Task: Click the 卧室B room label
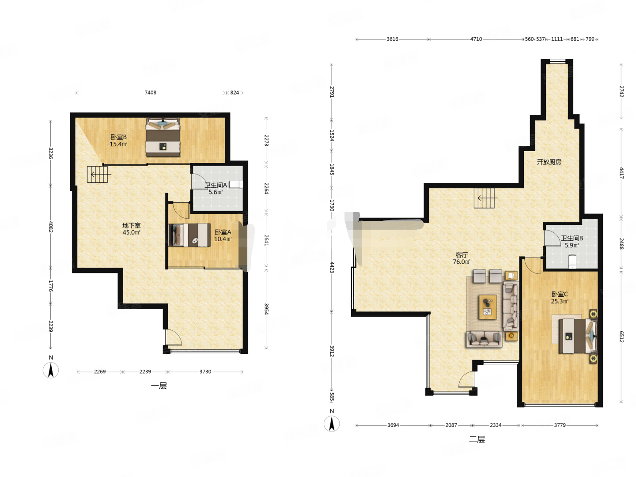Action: (x=118, y=137)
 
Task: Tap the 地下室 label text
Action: (x=131, y=225)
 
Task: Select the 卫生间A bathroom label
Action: (x=216, y=185)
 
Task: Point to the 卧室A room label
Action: (x=223, y=232)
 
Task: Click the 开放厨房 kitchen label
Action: (x=549, y=162)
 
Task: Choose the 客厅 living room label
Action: (x=461, y=255)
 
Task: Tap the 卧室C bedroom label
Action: (x=559, y=294)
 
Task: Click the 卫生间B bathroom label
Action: (x=572, y=238)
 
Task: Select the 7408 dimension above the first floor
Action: (x=150, y=93)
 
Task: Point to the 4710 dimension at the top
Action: (x=476, y=39)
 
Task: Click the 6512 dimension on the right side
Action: (x=621, y=337)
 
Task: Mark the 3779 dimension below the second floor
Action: (x=560, y=425)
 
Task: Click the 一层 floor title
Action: (x=159, y=386)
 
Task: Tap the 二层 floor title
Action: (x=477, y=439)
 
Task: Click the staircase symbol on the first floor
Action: (x=98, y=174)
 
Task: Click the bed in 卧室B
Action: (x=163, y=137)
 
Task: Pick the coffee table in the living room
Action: (x=487, y=307)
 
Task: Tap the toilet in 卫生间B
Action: (x=572, y=261)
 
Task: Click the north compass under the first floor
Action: (x=51, y=370)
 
